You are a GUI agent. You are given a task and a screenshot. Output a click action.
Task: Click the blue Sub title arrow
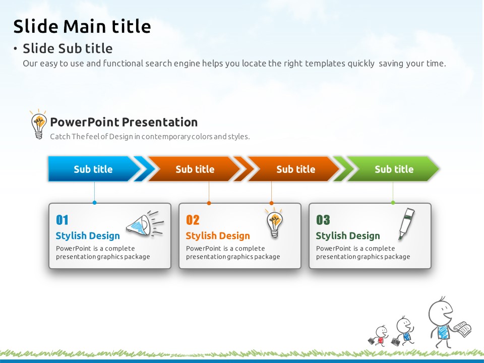coord(94,169)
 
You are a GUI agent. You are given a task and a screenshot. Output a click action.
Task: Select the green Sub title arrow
coord(394,169)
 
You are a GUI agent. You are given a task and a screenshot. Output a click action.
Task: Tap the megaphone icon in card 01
coord(145,223)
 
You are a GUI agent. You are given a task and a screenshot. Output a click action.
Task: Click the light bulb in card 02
coord(274,222)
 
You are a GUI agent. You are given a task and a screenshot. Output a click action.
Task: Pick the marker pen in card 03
coord(406,224)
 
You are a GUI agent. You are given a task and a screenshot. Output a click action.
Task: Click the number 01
coord(62,220)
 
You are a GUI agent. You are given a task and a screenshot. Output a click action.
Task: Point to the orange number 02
coord(193,220)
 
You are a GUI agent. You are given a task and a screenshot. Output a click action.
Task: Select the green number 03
coord(323,220)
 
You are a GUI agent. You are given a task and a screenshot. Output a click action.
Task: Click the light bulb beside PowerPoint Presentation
coord(39,124)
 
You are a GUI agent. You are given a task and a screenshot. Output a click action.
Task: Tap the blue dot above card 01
coord(94,203)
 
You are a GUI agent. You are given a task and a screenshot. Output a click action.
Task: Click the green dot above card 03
coord(393,203)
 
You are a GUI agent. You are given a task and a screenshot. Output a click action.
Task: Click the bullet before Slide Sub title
coord(15,48)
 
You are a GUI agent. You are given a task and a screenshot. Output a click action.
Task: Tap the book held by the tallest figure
coord(463,329)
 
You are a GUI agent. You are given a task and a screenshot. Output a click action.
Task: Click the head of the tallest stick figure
coord(441,312)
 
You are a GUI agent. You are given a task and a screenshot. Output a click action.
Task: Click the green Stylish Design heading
coord(348,236)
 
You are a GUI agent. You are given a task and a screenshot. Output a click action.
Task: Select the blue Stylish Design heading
coord(88,236)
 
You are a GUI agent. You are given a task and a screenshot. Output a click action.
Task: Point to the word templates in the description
coord(325,64)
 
